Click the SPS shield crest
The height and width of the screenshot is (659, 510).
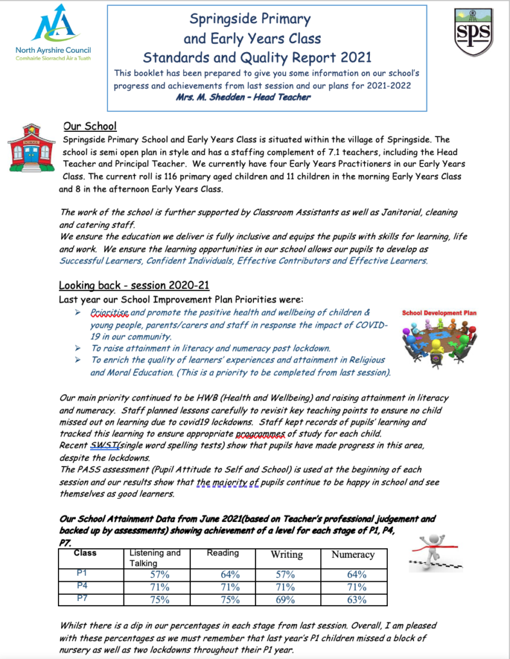tap(473, 32)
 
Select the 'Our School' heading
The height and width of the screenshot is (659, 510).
tap(89, 126)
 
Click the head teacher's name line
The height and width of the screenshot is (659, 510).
tap(243, 97)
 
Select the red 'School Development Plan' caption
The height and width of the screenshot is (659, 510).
tap(439, 313)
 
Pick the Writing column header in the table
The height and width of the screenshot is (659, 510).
tap(286, 554)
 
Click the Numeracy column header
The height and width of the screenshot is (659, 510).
tap(352, 554)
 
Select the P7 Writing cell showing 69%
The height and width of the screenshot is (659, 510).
tap(286, 600)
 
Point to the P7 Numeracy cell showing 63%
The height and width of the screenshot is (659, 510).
tap(352, 600)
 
